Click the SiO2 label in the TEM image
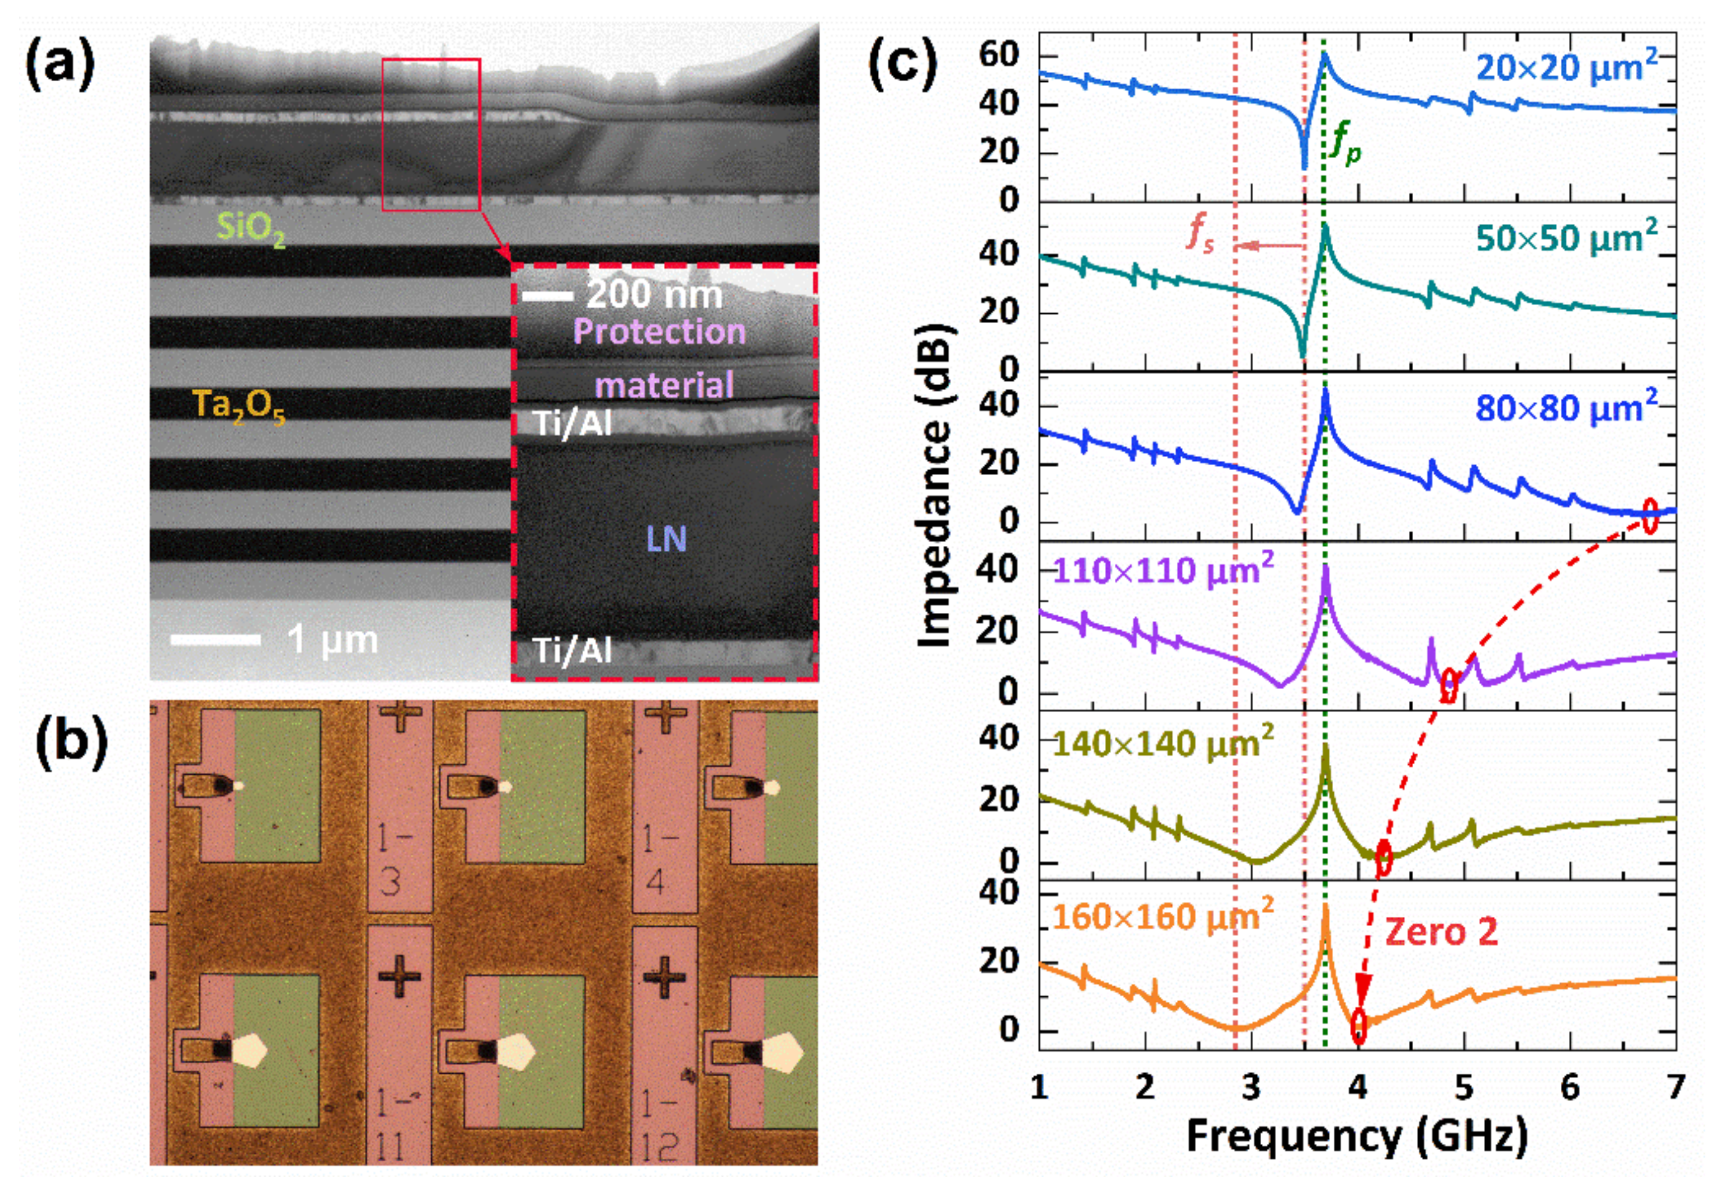251,228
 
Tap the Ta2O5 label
239,406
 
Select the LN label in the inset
666,539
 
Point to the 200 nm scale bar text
654,295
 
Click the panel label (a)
60,66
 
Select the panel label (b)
71,743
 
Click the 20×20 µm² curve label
1566,68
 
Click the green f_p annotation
1345,143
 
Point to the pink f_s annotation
1200,232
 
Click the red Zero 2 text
1441,932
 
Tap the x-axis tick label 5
1463,1087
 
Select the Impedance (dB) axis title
936,486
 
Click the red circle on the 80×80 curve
1650,516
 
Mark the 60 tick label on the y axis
999,55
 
